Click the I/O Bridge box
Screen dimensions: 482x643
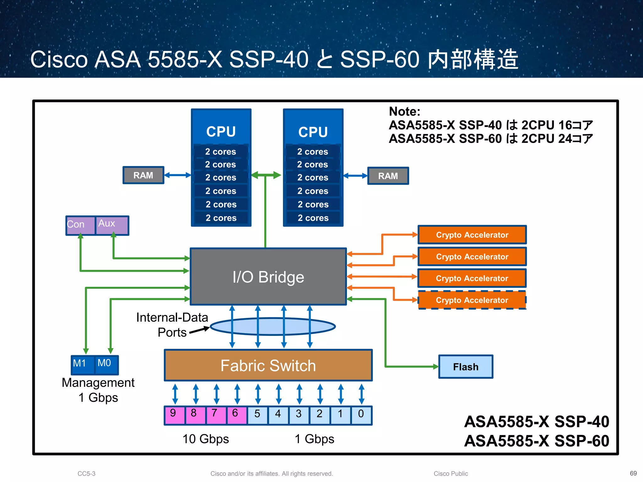pyautogui.click(x=268, y=276)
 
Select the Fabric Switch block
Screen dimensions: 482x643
pyautogui.click(x=268, y=365)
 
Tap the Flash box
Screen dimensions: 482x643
pyautogui.click(x=466, y=367)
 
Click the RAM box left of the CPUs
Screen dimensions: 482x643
pyautogui.click(x=143, y=175)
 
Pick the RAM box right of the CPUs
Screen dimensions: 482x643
pyautogui.click(x=388, y=176)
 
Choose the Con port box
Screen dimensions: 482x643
pyautogui.click(x=80, y=225)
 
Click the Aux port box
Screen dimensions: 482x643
pyautogui.click(x=112, y=225)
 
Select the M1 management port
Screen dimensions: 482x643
pyautogui.click(x=83, y=364)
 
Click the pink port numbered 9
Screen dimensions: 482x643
pyautogui.click(x=174, y=415)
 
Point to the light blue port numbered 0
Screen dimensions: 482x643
pyautogui.click(x=361, y=415)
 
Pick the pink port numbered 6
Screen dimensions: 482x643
pyautogui.click(x=236, y=415)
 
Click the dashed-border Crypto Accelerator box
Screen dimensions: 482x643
pyautogui.click(x=472, y=300)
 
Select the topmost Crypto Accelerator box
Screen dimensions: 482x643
pyautogui.click(x=472, y=235)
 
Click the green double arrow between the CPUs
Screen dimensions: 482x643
pyautogui.click(x=266, y=175)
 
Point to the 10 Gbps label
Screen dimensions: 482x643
pyautogui.click(x=206, y=439)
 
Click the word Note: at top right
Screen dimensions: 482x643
pyautogui.click(x=404, y=112)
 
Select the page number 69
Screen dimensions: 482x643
pyautogui.click(x=633, y=473)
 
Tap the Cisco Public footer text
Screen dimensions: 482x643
pyautogui.click(x=451, y=474)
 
